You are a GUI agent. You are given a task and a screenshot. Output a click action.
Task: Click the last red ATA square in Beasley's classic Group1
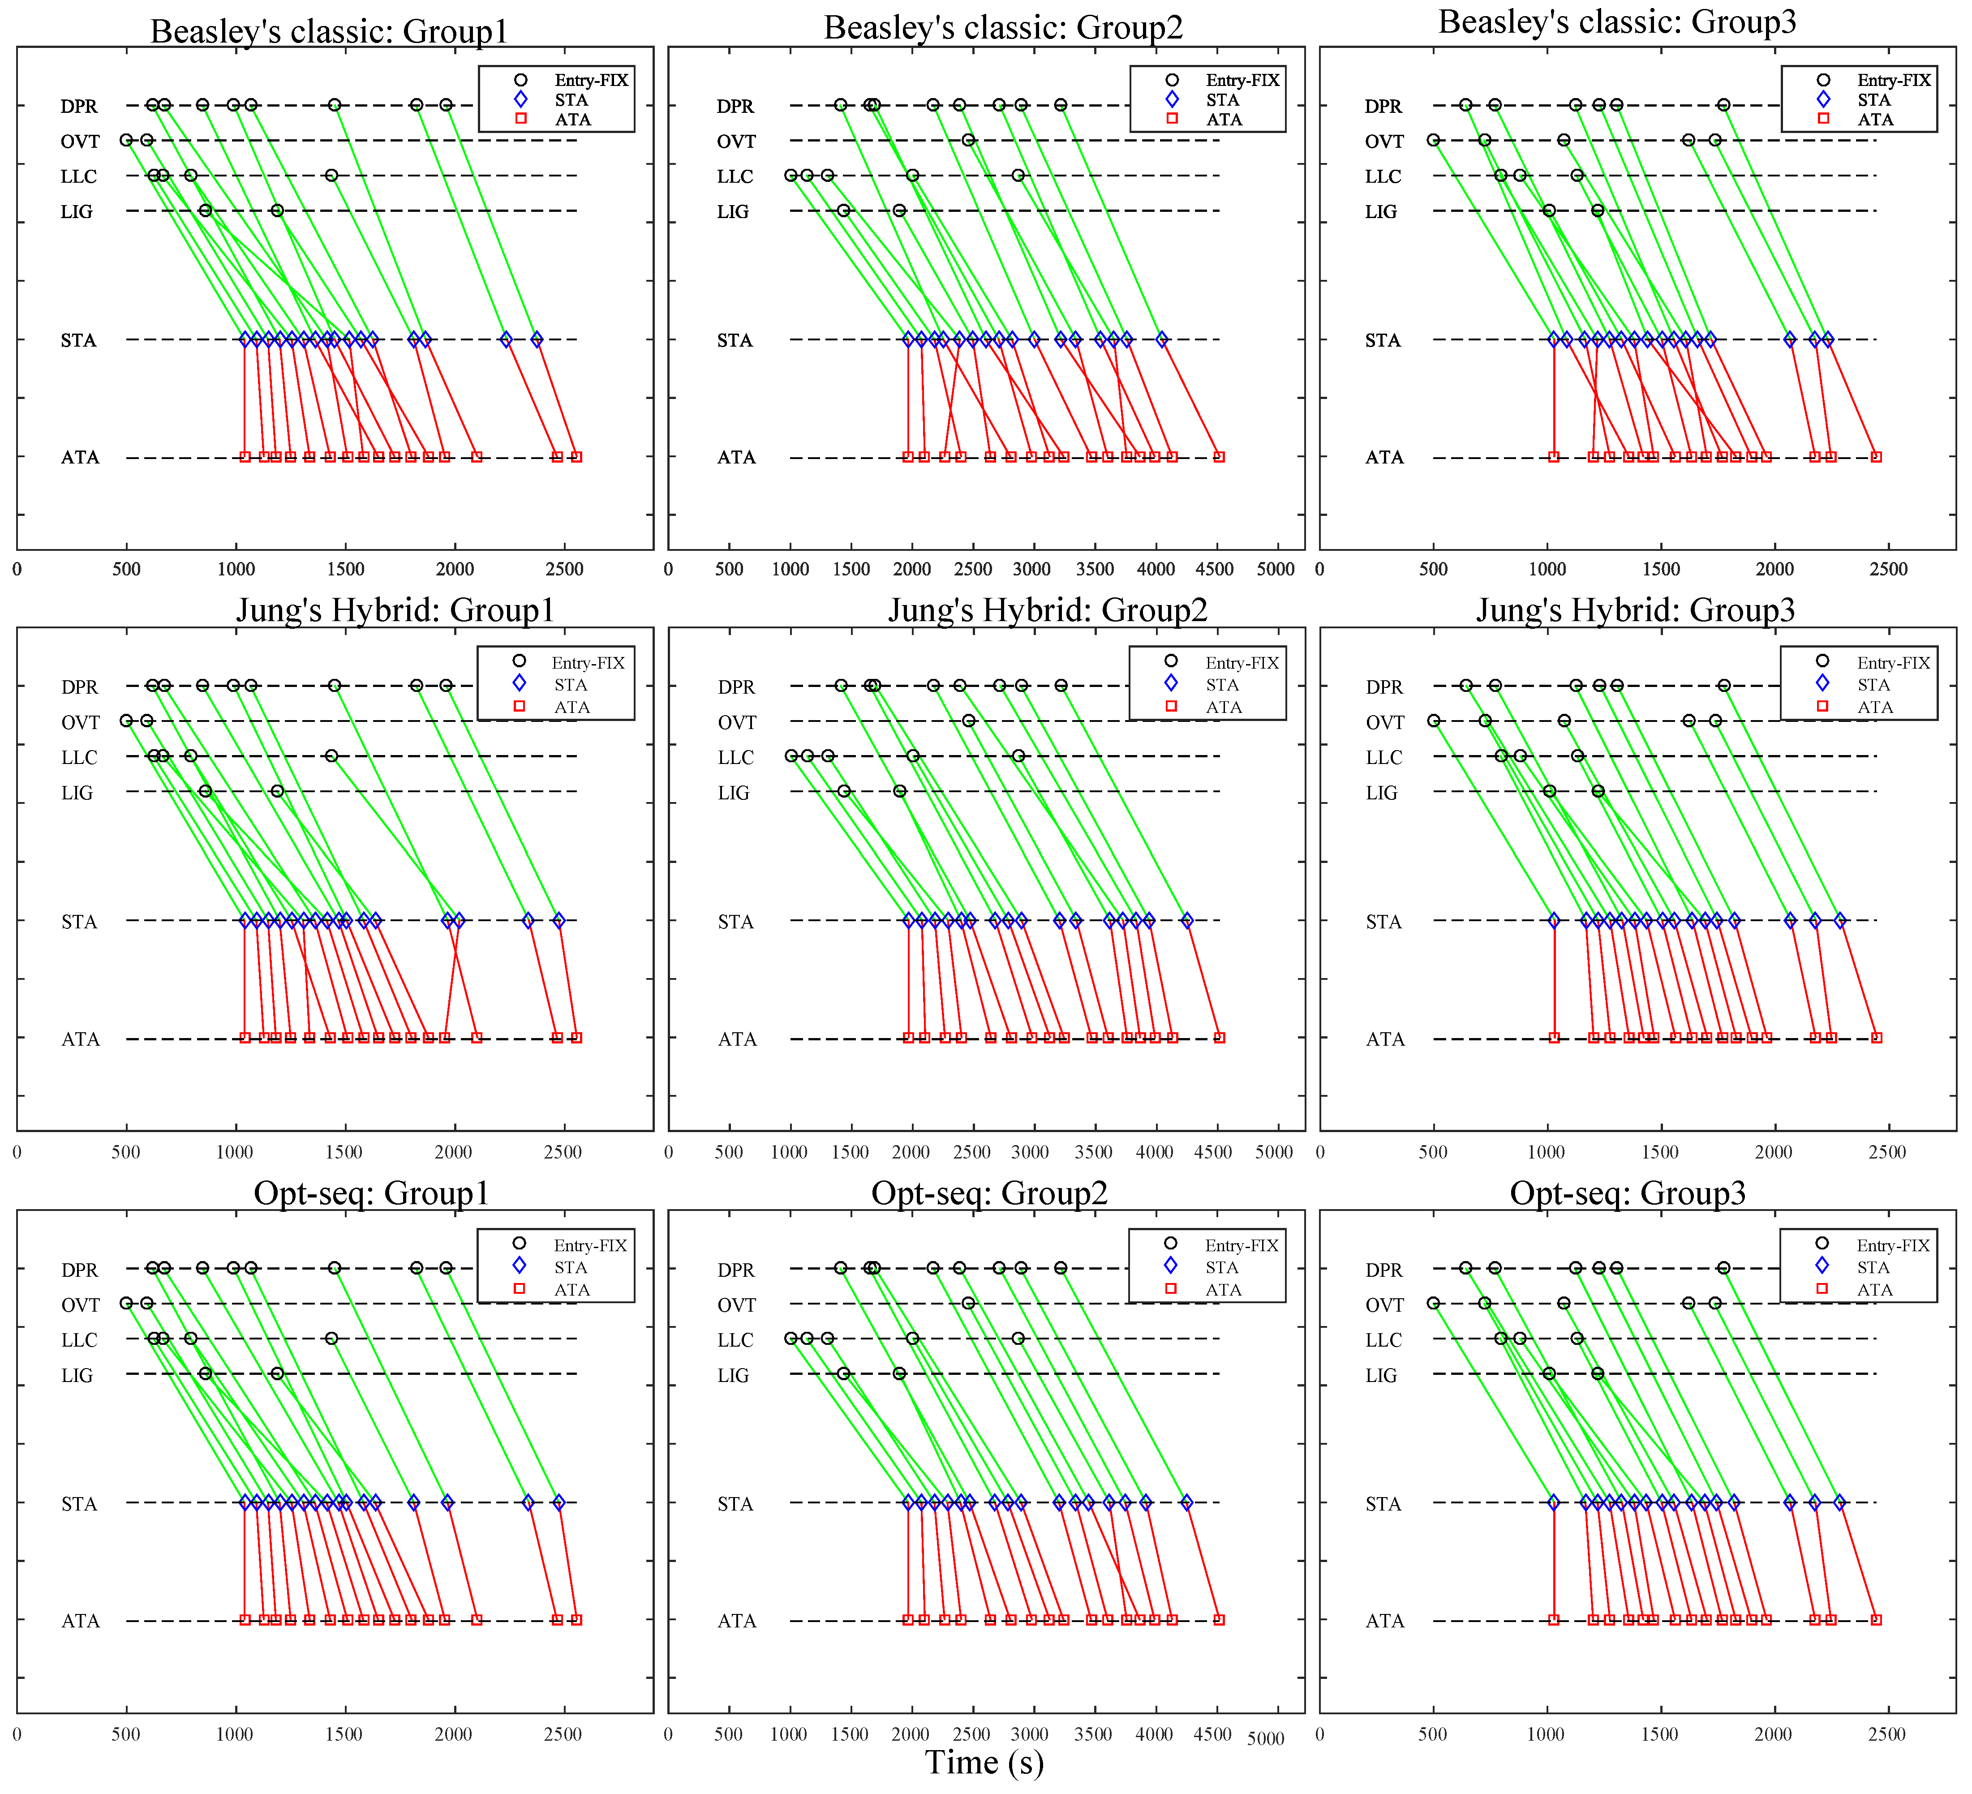coord(576,457)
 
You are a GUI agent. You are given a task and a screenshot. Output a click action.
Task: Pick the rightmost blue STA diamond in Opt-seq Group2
coord(1186,1502)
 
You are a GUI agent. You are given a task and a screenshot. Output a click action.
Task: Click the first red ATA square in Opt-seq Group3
coord(1553,1620)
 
